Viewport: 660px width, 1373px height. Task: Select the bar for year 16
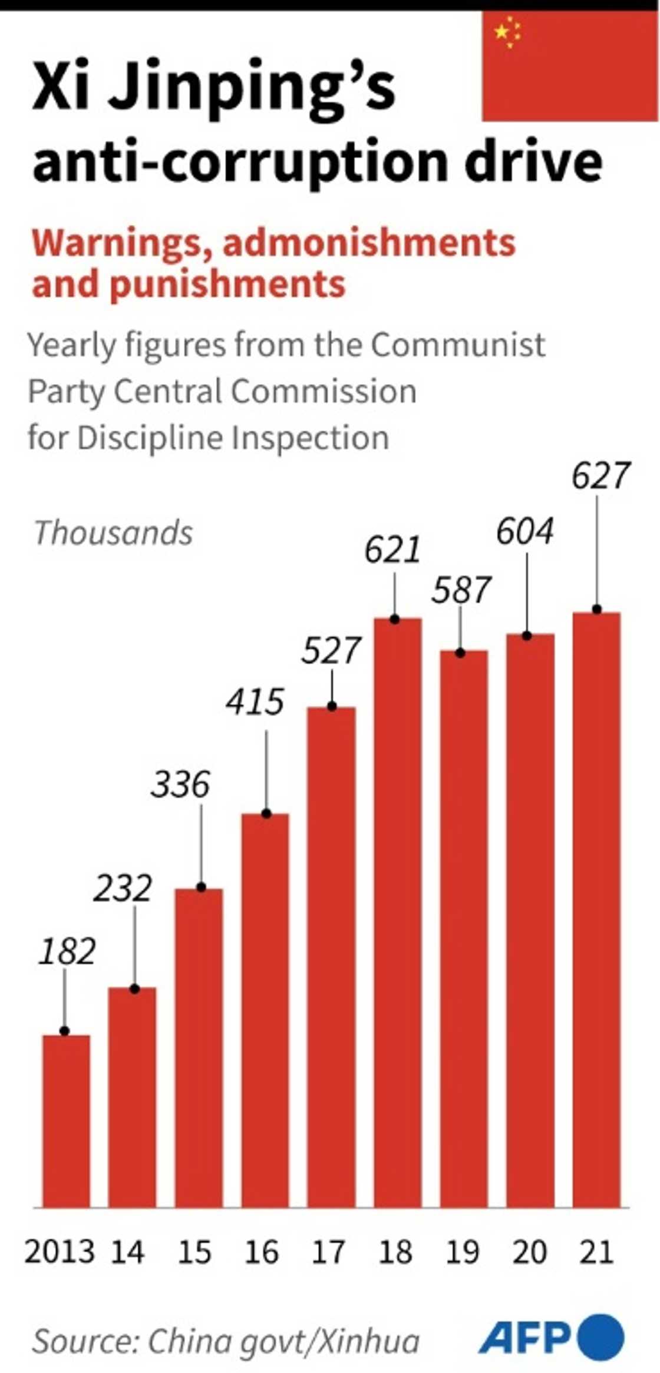tap(265, 1010)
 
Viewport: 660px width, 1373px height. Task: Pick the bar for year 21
tap(596, 909)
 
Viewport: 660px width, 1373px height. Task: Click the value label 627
tap(600, 476)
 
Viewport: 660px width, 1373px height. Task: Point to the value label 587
tap(461, 590)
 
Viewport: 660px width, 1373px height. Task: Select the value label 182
tap(67, 951)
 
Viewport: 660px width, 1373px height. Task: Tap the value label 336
tap(180, 785)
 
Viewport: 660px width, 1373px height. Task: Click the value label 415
tap(255, 702)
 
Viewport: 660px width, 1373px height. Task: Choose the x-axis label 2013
tap(60, 1252)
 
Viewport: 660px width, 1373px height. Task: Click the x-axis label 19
tap(463, 1252)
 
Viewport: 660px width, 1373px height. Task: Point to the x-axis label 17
tap(328, 1252)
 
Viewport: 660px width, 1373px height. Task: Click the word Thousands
tap(114, 533)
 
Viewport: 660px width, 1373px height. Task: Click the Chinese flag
tap(569, 67)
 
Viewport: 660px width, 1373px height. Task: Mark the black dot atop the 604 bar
tap(527, 636)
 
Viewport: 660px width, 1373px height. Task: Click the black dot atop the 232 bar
tap(134, 989)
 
